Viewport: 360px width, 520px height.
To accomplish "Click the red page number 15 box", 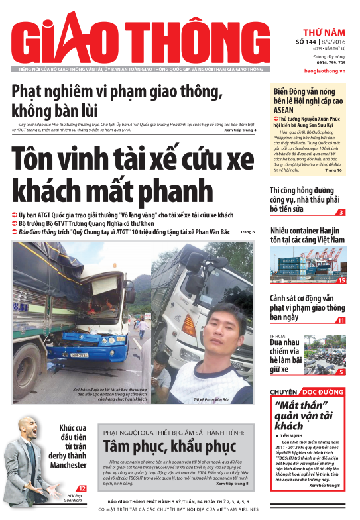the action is tap(341, 280).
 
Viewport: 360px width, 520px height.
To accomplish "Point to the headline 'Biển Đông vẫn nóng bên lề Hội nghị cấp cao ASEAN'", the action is tap(309, 101).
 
